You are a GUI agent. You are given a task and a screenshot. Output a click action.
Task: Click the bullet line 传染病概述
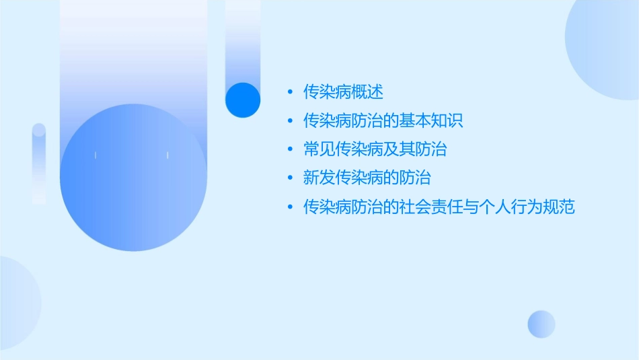click(343, 92)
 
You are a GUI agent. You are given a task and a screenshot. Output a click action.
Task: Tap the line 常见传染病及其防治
click(375, 149)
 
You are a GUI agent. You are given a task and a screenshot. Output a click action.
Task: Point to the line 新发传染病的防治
click(367, 178)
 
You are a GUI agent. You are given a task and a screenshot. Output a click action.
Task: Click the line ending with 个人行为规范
click(439, 207)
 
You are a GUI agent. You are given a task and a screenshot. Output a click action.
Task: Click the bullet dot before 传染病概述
click(290, 92)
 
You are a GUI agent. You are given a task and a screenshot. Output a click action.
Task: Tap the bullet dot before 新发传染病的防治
click(290, 179)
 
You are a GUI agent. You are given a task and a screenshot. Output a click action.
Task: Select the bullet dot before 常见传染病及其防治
click(290, 150)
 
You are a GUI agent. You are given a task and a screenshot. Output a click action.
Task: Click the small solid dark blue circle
click(243, 100)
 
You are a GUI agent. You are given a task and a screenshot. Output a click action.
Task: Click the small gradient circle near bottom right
click(541, 324)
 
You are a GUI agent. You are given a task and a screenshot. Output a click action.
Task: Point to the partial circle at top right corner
click(605, 40)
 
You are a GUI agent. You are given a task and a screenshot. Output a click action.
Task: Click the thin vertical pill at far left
click(39, 164)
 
